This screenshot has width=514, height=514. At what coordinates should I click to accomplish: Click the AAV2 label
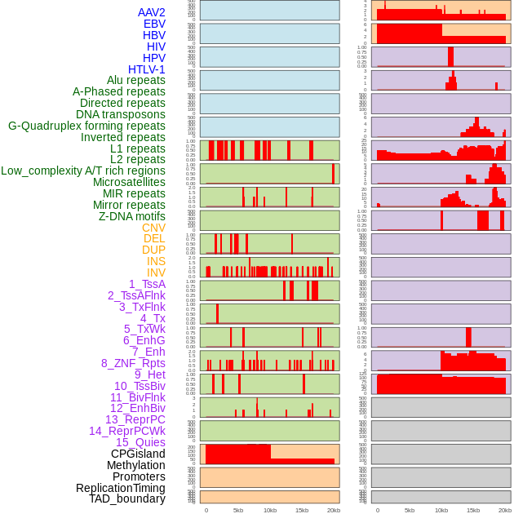click(151, 12)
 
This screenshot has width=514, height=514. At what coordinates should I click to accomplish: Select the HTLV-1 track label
click(146, 69)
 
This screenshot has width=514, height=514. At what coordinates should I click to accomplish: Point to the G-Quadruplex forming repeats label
click(86, 126)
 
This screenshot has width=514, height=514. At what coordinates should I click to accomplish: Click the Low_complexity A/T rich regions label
click(83, 171)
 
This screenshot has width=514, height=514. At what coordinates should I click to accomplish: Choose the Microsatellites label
click(129, 182)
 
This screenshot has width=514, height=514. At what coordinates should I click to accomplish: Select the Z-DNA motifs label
click(131, 216)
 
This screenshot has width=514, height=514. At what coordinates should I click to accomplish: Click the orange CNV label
click(153, 228)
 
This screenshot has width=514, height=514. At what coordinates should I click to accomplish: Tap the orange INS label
click(156, 261)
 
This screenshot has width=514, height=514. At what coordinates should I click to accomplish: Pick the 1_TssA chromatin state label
click(147, 284)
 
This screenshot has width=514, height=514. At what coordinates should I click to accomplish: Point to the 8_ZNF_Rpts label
click(133, 363)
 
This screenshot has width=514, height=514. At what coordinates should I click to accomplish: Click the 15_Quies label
click(140, 442)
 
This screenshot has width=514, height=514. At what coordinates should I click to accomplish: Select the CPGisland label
click(138, 454)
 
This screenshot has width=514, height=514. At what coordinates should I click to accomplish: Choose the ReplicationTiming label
click(121, 488)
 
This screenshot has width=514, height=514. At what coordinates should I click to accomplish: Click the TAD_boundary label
click(127, 498)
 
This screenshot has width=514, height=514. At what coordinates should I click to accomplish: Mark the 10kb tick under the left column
click(269, 510)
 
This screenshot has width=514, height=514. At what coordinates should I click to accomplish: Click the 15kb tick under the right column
click(473, 510)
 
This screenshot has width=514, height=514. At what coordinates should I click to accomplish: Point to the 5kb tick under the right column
click(410, 510)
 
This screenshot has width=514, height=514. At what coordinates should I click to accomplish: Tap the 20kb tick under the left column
click(333, 510)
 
